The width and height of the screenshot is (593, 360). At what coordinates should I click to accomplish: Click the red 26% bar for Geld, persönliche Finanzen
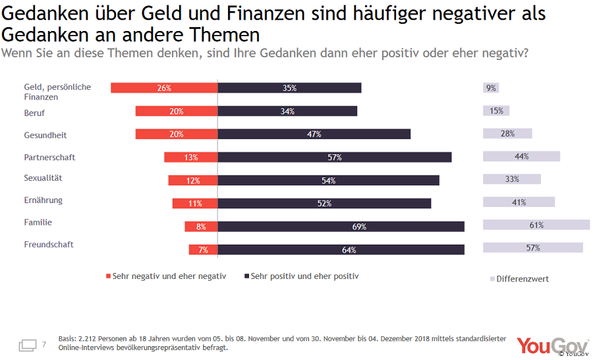164,88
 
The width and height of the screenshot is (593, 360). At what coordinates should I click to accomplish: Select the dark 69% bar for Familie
341,226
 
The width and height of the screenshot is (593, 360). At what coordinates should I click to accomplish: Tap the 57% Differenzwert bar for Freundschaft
532,247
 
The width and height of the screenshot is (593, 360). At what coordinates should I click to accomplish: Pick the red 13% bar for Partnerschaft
190,157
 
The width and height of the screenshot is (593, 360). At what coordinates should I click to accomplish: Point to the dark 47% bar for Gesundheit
314,134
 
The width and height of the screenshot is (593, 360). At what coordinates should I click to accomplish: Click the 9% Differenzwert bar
490,88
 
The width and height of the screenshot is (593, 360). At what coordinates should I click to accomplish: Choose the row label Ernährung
43,200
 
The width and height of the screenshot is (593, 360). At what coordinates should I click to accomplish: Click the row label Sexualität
43,178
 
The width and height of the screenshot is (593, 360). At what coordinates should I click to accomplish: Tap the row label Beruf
34,113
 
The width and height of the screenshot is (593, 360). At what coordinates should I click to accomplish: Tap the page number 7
44,344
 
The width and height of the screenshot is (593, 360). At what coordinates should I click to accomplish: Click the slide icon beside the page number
28,345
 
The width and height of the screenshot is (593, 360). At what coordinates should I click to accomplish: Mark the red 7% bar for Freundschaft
203,249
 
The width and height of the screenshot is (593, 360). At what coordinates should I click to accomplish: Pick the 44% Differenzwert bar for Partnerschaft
521,156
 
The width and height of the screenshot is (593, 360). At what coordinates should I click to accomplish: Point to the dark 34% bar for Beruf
287,111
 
